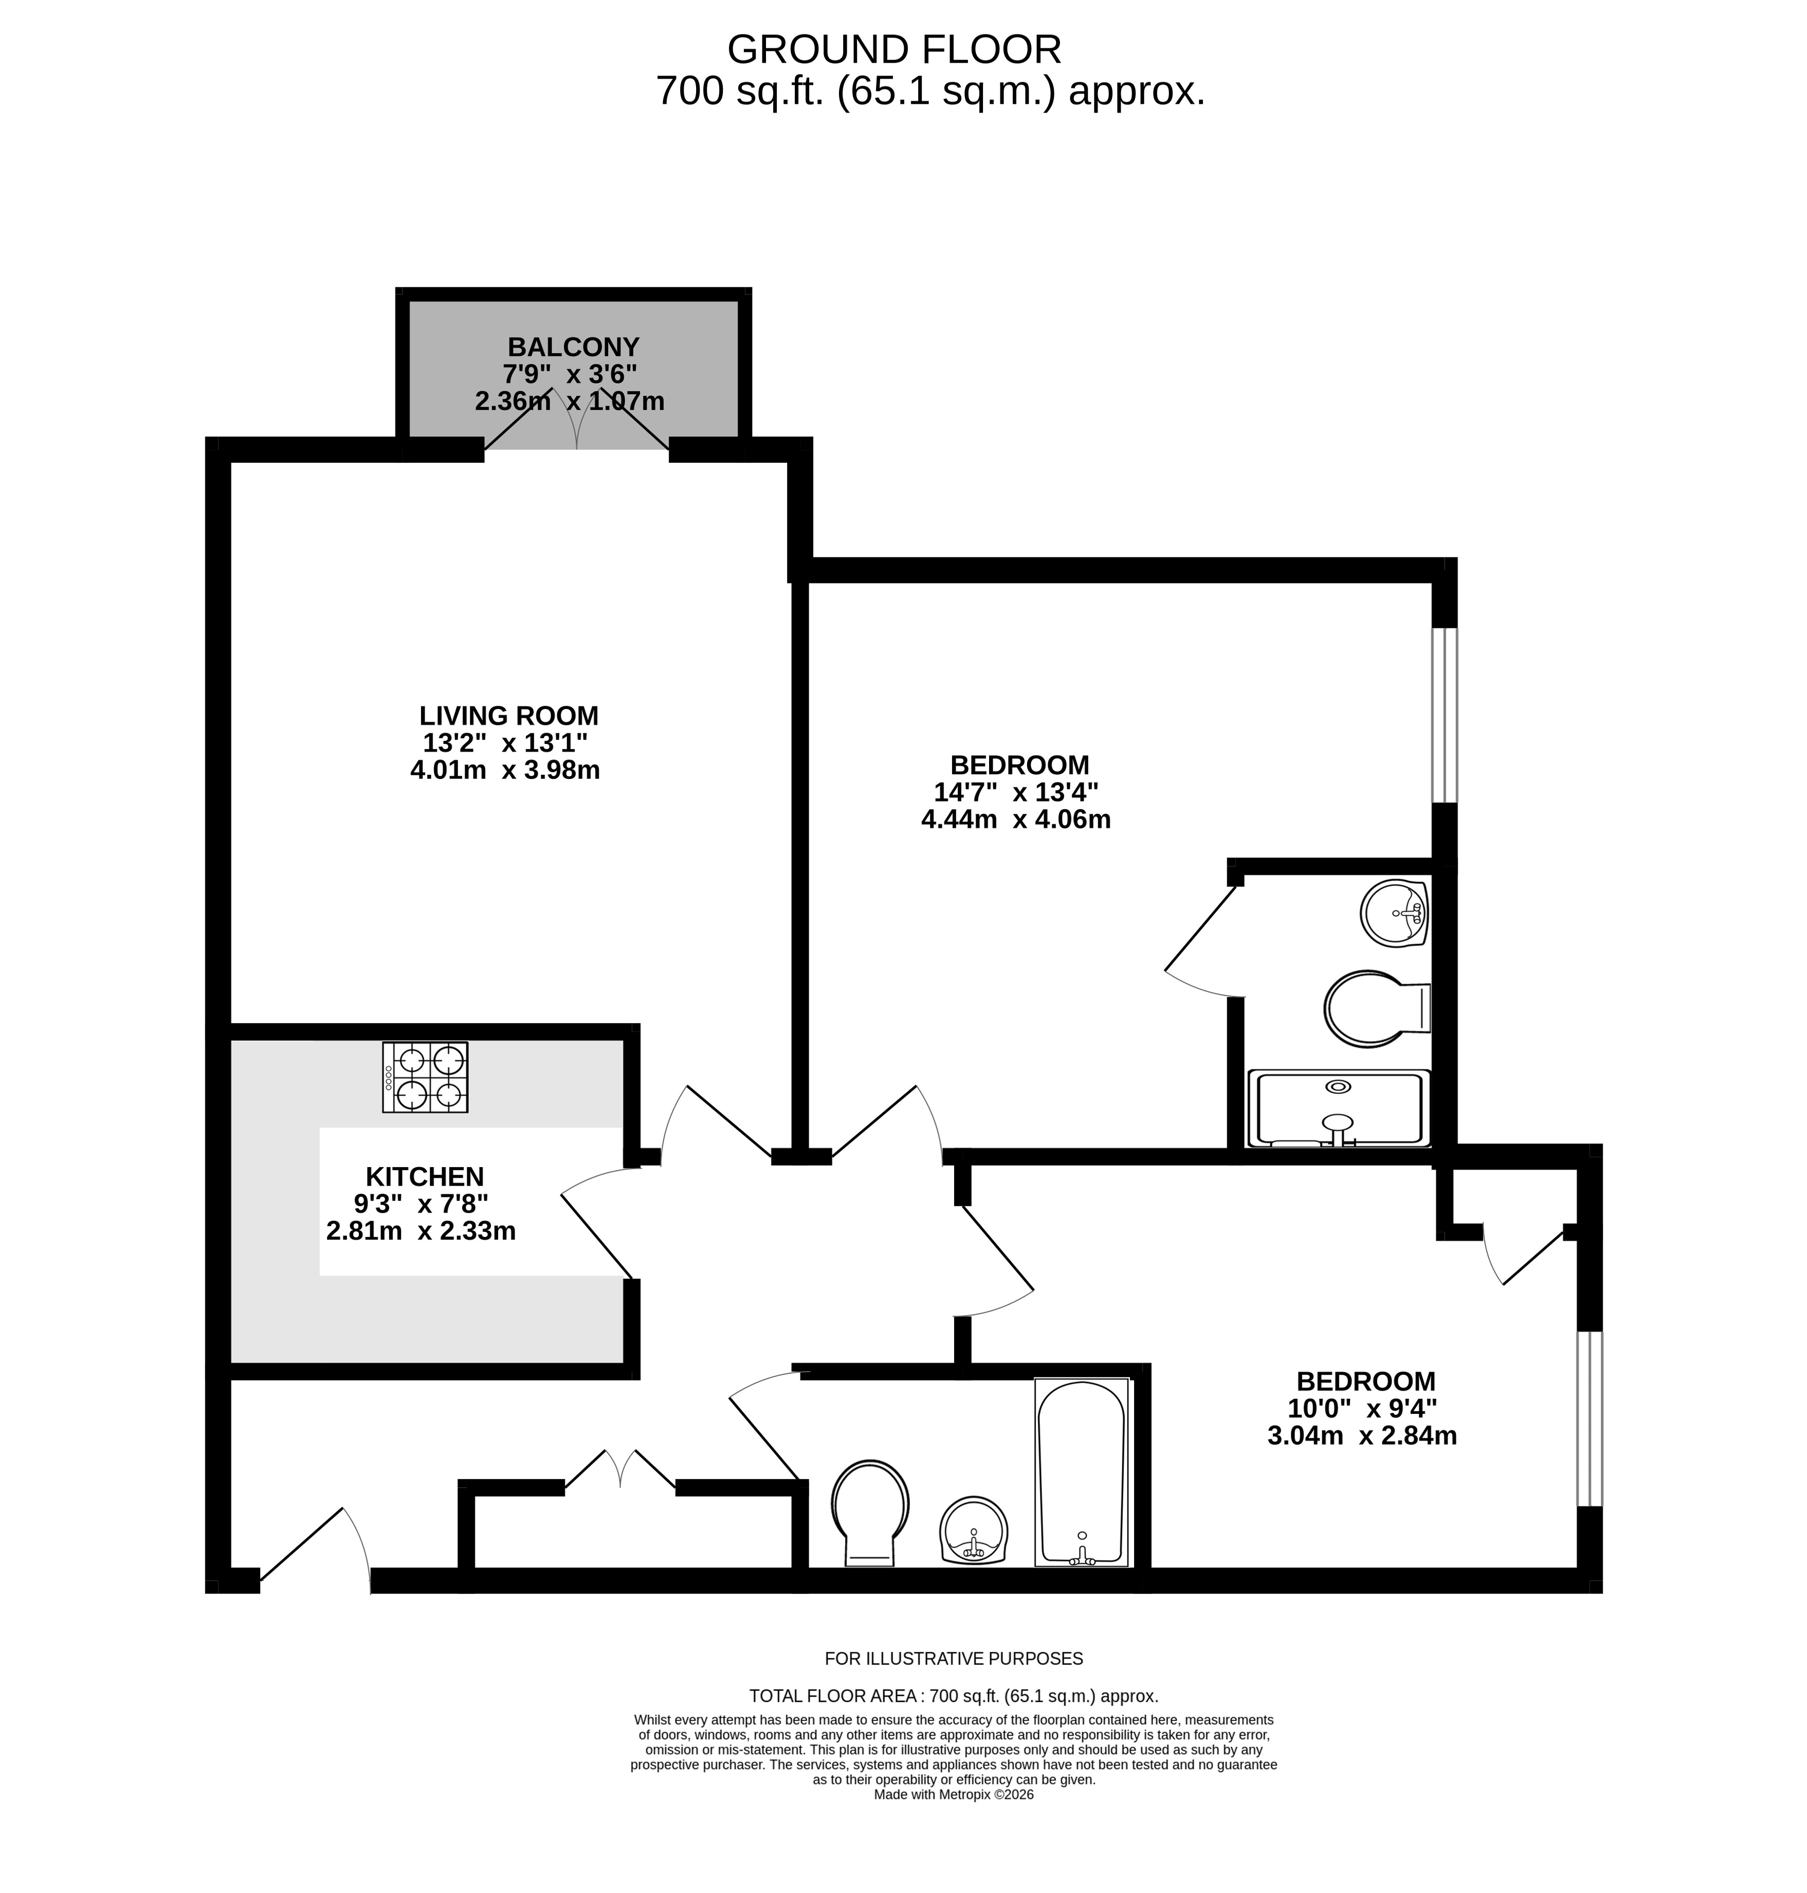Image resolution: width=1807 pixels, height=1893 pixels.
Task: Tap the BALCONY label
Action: [573, 347]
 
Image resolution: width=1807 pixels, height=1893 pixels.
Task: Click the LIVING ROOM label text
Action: [508, 716]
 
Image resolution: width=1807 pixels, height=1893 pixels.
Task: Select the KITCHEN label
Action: [425, 1176]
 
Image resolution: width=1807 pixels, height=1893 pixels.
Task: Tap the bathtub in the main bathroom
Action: [1081, 1472]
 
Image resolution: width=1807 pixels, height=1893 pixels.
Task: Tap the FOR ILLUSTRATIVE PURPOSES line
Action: [954, 1659]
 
